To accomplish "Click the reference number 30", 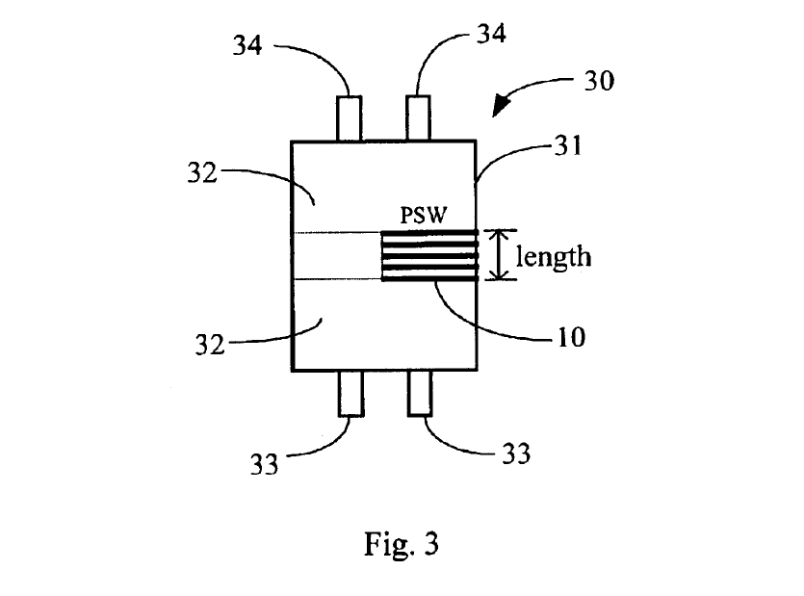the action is tap(600, 81).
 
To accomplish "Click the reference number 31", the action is tap(569, 146).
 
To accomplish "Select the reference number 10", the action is tap(571, 337).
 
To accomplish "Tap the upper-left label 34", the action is tap(247, 45).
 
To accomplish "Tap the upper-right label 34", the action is tap(492, 34).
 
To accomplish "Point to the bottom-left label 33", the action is tap(264, 465).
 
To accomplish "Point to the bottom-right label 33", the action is tap(516, 453).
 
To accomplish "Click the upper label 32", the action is tap(202, 173).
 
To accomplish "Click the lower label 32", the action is tap(210, 345).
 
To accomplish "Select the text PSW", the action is tap(424, 215).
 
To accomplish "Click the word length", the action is tap(554, 256).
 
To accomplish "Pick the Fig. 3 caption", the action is tap(402, 544).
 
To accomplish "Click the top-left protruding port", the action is tap(350, 118).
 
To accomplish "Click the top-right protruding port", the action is tap(418, 117).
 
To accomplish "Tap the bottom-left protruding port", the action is tap(350, 394).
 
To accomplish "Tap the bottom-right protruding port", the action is tap(420, 393).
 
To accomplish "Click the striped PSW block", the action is tap(429, 256).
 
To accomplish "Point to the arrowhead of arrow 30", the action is tap(501, 107).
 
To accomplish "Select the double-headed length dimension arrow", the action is tap(501, 255).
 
